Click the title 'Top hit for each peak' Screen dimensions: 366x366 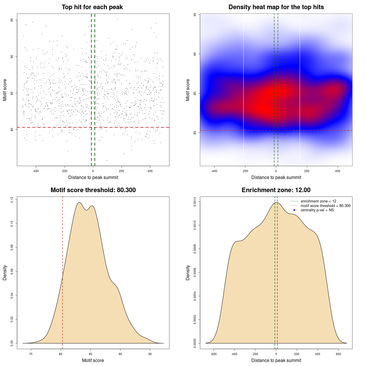point(92,7)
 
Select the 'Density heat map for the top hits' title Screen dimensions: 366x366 point(276,7)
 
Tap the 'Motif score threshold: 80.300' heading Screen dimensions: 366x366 point(93,190)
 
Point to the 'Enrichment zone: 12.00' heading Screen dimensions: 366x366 point(276,190)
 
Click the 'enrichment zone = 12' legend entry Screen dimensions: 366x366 point(318,201)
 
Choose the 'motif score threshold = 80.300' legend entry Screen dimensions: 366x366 point(325,206)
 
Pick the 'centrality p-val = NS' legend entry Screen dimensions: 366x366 point(317,210)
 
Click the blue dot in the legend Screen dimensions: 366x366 point(294,210)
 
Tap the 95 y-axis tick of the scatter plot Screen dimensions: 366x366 point(12,20)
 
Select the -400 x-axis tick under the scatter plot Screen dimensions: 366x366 point(36,171)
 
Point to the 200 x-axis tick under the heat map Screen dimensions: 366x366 point(307,171)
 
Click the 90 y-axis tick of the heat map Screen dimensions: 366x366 point(195,54)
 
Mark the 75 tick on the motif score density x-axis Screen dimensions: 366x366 point(31,354)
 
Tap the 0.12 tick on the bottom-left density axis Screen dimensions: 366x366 point(12,200)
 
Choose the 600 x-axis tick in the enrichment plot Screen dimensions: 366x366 point(339,354)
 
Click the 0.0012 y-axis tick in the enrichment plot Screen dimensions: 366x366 point(195,202)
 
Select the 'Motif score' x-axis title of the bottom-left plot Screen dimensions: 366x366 point(93,360)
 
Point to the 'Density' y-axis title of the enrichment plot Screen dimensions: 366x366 point(188,272)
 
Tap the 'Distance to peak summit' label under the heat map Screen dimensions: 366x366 point(276,177)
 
